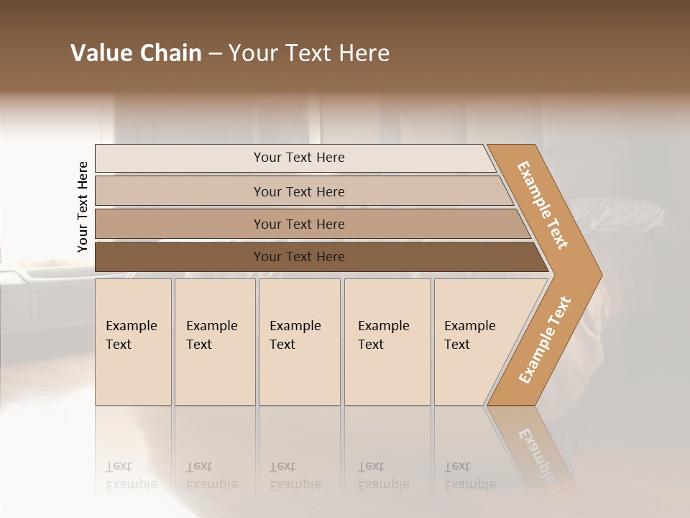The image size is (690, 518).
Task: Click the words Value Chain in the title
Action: pyautogui.click(x=136, y=53)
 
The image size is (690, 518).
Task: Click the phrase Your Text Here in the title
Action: pyautogui.click(x=309, y=53)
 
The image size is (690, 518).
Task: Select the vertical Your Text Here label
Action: pyautogui.click(x=83, y=207)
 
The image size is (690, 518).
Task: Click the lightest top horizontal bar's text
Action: pyautogui.click(x=299, y=158)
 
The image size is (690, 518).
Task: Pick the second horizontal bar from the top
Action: pyautogui.click(x=299, y=191)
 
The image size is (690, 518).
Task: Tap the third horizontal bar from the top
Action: pyautogui.click(x=299, y=224)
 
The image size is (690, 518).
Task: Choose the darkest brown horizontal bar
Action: pyautogui.click(x=299, y=257)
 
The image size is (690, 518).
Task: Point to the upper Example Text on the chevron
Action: pyautogui.click(x=543, y=205)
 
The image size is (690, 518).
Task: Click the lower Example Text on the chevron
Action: pyautogui.click(x=545, y=340)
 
